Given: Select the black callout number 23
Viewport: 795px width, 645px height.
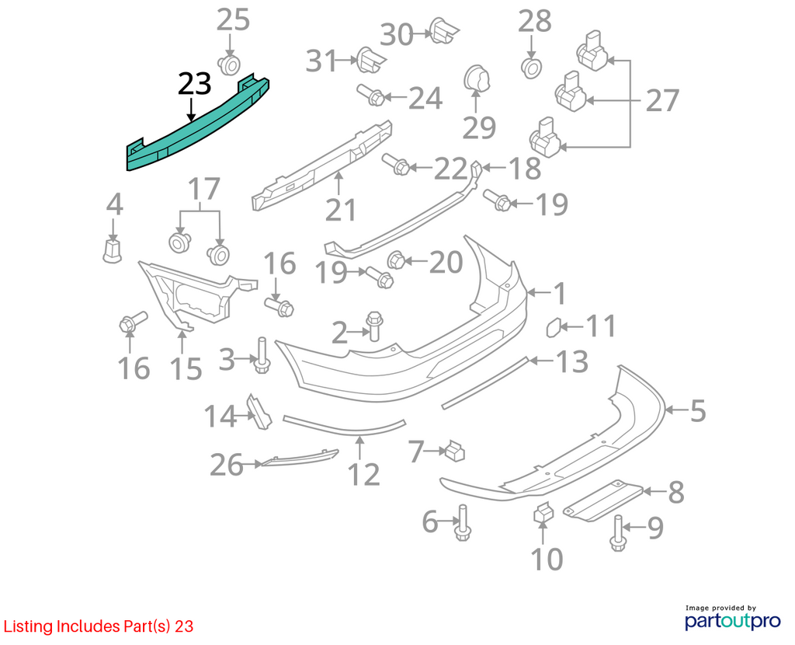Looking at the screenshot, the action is (194, 84).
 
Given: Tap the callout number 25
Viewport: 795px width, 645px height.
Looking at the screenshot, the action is (233, 20).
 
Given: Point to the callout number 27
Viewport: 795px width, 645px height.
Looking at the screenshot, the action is (661, 100).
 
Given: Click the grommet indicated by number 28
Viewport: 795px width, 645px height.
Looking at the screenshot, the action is (531, 68).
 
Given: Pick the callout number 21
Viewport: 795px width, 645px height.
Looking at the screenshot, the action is (340, 210).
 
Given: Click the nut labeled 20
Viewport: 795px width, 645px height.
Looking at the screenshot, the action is (397, 261).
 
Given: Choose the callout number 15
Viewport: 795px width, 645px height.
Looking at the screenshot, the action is (186, 369).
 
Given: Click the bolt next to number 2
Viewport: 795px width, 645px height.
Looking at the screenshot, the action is (374, 326).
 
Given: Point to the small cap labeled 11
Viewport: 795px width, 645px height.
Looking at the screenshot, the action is (553, 327).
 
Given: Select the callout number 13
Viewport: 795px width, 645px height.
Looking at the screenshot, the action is (572, 361).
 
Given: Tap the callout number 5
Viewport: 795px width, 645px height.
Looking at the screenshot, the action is (698, 410).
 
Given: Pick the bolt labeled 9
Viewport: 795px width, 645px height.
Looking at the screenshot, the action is (618, 533).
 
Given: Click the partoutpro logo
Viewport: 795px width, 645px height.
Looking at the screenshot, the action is (732, 617).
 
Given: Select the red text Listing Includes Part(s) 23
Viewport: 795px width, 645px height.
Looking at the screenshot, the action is (99, 626).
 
